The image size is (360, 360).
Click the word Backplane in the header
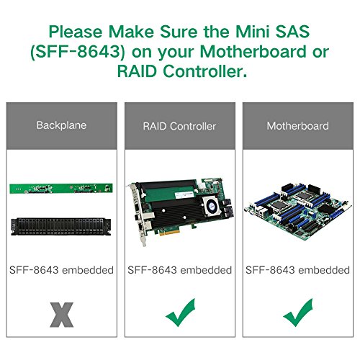coord(61,125)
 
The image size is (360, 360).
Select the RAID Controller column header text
coord(179,126)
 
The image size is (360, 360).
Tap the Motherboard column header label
coord(298,126)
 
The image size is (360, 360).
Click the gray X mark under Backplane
coord(62,315)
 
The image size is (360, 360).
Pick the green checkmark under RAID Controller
coord(180,313)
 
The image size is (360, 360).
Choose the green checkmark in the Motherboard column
coord(298,313)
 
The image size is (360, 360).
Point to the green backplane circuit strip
coord(61,189)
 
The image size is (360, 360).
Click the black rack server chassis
coord(61,227)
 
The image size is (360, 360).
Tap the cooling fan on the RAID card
coord(211,206)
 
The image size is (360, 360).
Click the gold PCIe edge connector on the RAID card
coord(169,233)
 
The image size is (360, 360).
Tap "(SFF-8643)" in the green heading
coord(78,52)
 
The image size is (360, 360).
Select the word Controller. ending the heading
coord(205,71)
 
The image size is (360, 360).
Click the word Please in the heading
coord(76,32)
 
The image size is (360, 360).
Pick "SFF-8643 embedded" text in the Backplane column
coord(61,270)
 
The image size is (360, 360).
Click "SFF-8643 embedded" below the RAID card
coord(179,270)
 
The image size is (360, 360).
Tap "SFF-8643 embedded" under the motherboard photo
coord(297,270)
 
